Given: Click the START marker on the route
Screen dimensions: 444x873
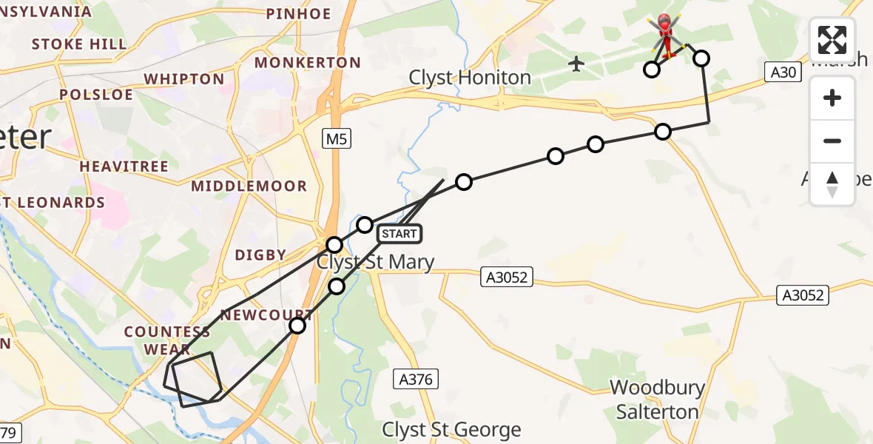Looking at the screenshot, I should pos(400,234).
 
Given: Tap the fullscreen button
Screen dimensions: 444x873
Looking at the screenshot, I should pos(832,40).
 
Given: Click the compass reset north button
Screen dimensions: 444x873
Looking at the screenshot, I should pos(832,184).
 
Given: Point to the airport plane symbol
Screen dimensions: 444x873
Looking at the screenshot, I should pos(576,64).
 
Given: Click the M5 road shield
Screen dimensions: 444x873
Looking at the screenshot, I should pos(335,138).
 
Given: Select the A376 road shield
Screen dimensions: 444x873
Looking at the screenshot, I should pos(415,380).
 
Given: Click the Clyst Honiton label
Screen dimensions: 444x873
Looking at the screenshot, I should pos(470,78).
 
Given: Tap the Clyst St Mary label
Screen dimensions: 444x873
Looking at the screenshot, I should pos(375,262).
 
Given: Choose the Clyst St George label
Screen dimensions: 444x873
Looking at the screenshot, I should pos(451,430).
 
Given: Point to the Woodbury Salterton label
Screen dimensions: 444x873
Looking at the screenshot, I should pos(657,400).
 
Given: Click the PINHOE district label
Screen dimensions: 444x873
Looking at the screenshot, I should pos(298,13).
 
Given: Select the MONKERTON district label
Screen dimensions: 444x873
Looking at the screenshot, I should pos(307,63).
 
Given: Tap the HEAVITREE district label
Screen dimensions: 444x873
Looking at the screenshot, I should pos(124,166).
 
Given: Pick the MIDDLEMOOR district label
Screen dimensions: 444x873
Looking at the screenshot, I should pos(249,186).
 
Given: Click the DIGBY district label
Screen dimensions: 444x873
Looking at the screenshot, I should pos(260,255).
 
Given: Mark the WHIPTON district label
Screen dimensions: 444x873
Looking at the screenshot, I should pos(184,79).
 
